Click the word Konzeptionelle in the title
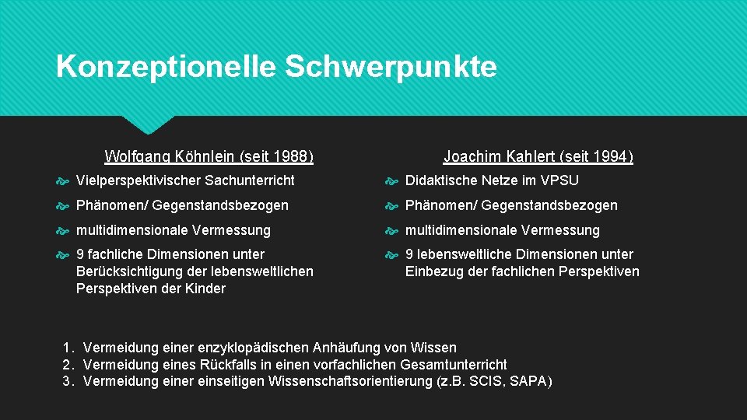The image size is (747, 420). (165, 67)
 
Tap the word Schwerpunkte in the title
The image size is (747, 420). (391, 67)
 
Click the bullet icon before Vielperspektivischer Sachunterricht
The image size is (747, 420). (64, 181)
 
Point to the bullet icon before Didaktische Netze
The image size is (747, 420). (393, 181)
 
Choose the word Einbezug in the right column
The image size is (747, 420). (435, 271)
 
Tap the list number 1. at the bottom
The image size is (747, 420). (68, 348)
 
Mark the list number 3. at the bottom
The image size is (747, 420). (68, 381)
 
